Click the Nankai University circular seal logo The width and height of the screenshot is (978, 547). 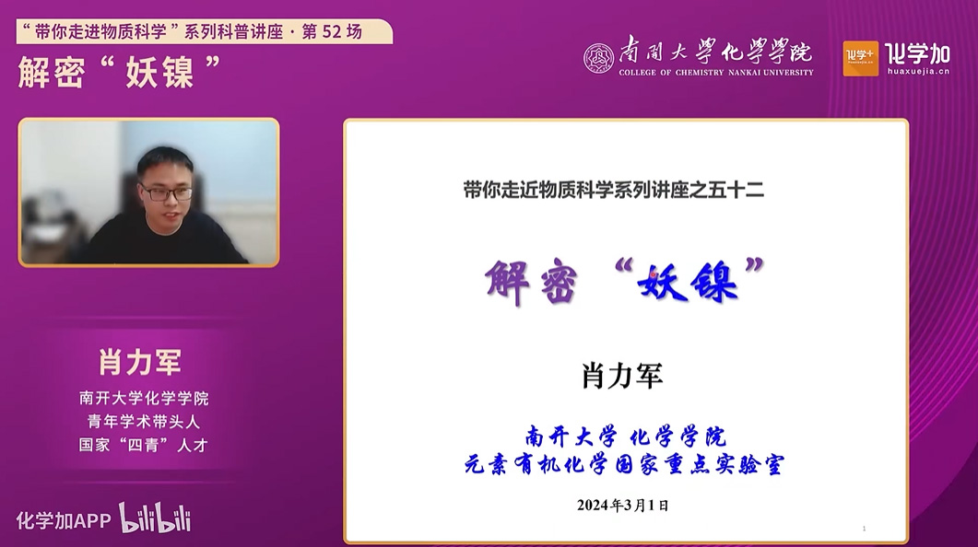click(598, 59)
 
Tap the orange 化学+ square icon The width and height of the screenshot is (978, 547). click(860, 59)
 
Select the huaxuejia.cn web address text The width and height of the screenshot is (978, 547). click(918, 71)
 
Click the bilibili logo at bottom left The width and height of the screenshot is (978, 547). click(155, 518)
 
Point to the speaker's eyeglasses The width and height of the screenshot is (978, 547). click(167, 193)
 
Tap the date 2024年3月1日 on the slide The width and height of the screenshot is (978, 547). click(622, 505)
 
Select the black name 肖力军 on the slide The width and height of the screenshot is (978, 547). click(622, 376)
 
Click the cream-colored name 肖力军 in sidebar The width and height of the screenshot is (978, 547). click(140, 362)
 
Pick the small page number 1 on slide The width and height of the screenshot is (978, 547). click(864, 529)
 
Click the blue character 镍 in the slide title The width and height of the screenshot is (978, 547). click(713, 282)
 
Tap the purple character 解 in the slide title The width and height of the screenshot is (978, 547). click(507, 282)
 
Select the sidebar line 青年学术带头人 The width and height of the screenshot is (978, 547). click(144, 422)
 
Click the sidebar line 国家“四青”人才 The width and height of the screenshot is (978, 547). click(144, 446)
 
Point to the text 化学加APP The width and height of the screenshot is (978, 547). click(64, 521)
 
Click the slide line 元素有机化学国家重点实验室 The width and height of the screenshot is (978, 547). click(624, 465)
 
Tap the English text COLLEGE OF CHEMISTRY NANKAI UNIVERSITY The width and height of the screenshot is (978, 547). click(716, 72)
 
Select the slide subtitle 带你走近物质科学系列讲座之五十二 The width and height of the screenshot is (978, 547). click(614, 190)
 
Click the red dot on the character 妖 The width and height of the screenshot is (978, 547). click(653, 273)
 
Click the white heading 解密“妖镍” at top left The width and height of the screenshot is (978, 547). click(119, 72)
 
